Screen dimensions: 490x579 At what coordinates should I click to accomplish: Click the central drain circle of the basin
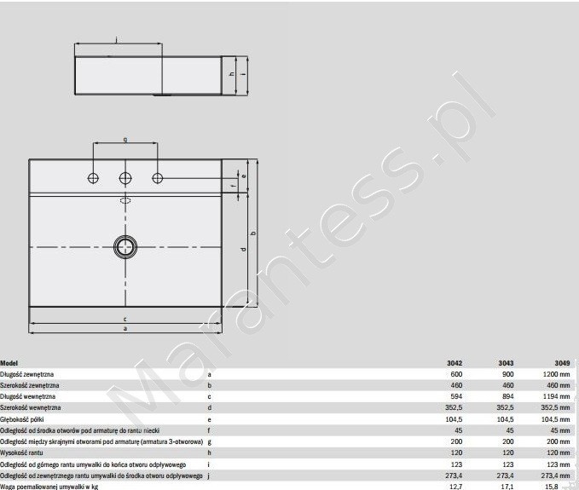click(125, 246)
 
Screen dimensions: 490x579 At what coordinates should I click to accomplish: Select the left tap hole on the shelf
click(93, 178)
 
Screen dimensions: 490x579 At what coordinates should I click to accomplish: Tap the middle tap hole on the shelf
click(125, 178)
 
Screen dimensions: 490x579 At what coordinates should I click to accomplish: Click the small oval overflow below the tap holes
click(125, 201)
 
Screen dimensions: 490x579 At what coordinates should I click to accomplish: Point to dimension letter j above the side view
click(116, 38)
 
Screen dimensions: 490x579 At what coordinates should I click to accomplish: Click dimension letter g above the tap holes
click(125, 139)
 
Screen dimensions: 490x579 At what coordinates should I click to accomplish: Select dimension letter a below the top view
click(125, 328)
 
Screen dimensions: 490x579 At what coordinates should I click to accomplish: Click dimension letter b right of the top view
click(256, 233)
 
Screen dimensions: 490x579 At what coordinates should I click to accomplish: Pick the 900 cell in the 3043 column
click(507, 374)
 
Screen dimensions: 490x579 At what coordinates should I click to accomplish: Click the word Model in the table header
click(9, 363)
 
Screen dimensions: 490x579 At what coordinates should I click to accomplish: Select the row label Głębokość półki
click(21, 418)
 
